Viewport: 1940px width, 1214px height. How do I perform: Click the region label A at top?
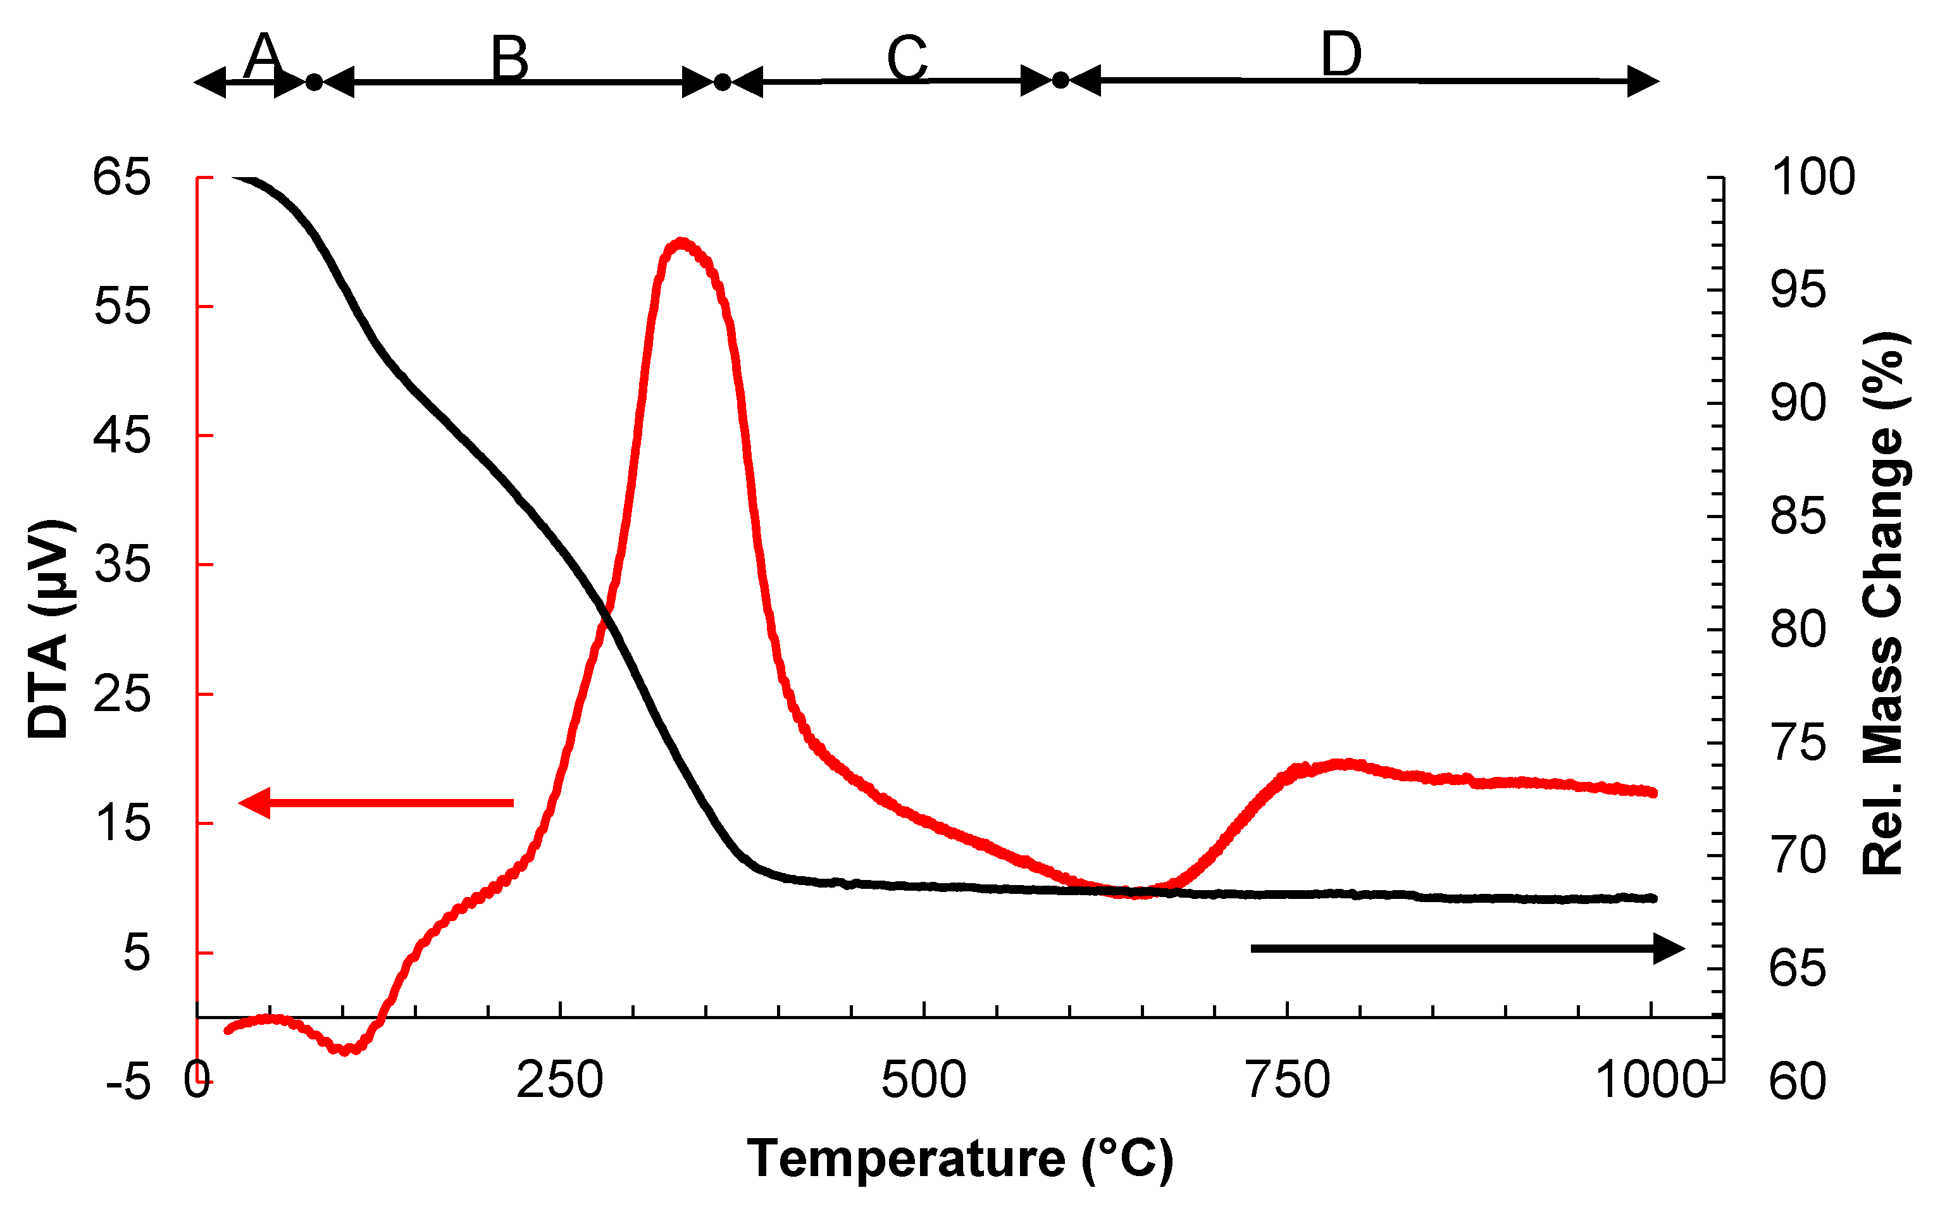point(263,57)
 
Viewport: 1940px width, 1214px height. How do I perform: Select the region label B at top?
point(510,59)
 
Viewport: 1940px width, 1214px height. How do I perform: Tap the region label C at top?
point(907,59)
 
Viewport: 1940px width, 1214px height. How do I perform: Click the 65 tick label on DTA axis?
point(121,177)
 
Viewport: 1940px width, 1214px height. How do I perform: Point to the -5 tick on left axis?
point(128,1083)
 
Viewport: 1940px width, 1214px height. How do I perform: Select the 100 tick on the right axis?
point(1813,177)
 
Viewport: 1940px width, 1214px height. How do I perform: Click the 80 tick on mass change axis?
point(1799,629)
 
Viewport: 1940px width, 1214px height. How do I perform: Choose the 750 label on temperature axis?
point(1288,1080)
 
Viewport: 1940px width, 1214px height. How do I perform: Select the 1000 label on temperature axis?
point(1651,1080)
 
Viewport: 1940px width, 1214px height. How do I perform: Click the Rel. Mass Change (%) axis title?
point(1884,602)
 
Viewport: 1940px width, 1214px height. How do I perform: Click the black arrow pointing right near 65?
point(1467,948)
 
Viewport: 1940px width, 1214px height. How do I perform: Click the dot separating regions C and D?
point(1060,80)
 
